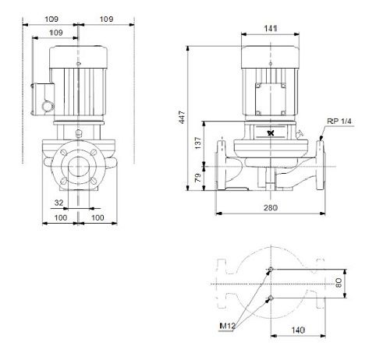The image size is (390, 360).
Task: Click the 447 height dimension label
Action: [182, 118]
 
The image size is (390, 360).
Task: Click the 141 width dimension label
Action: [271, 28]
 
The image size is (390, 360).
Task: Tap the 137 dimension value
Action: [198, 143]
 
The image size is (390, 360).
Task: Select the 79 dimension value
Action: [198, 178]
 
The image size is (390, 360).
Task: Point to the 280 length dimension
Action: [271, 208]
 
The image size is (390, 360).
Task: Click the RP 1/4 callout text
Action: [339, 122]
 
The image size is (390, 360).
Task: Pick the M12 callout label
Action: [227, 326]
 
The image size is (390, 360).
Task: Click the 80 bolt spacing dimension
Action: [339, 283]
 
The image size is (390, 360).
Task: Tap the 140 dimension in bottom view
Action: [298, 330]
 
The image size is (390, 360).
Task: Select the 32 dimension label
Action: [59, 203]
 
